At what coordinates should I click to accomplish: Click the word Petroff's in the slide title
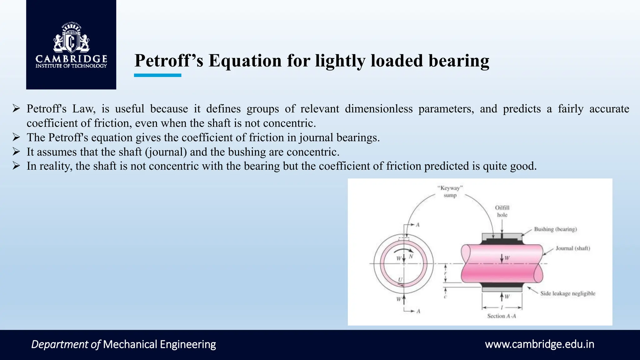[x=169, y=61]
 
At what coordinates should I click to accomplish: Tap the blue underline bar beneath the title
[x=157, y=75]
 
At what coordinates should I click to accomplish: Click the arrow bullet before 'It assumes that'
[x=16, y=152]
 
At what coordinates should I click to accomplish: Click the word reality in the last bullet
[x=56, y=166]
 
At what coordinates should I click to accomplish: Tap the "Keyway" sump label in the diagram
[x=450, y=192]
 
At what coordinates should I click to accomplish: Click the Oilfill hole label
[x=502, y=211]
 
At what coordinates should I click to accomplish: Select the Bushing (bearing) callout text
[x=555, y=229]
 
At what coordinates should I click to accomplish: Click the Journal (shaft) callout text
[x=572, y=248]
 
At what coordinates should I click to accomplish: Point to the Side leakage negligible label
[x=567, y=293]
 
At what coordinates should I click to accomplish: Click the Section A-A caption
[x=501, y=316]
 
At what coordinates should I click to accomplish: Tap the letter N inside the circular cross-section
[x=411, y=257]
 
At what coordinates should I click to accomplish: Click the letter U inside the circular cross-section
[x=400, y=280]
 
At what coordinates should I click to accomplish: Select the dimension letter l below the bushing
[x=502, y=308]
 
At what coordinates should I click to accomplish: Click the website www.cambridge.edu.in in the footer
[x=539, y=344]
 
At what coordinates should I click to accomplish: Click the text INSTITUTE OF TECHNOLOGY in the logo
[x=71, y=66]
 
